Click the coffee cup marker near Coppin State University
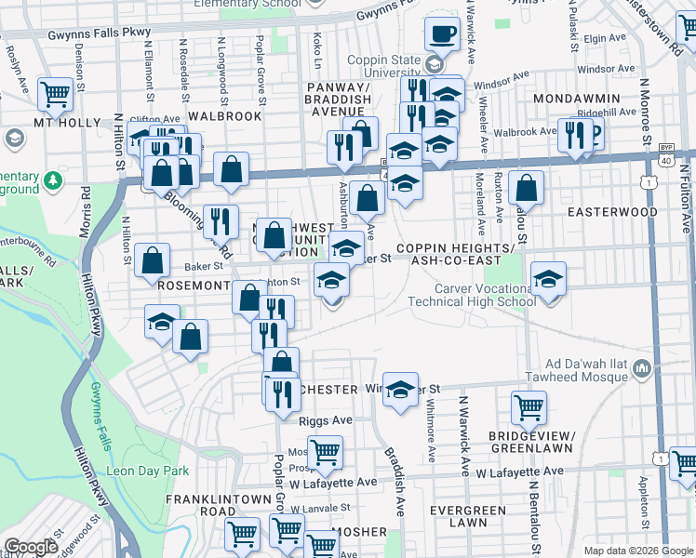click(443, 34)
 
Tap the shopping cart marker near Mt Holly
click(56, 93)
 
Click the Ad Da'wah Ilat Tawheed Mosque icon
click(640, 371)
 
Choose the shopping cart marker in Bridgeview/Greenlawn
click(529, 406)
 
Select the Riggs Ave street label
click(326, 420)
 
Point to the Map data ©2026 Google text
click(638, 551)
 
